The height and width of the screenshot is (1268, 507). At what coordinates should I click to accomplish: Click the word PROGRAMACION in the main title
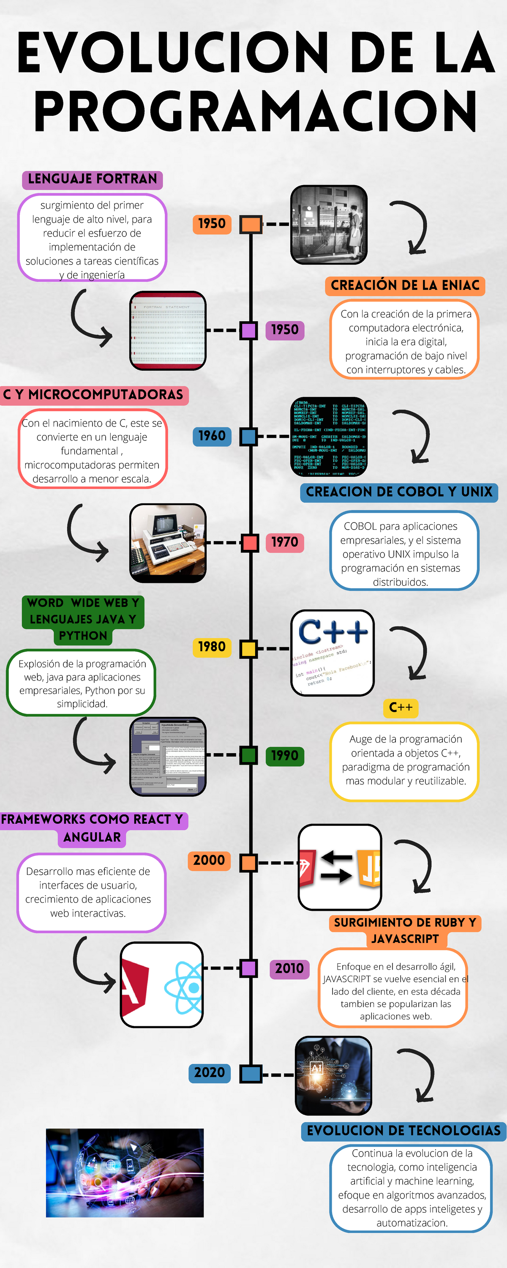255,111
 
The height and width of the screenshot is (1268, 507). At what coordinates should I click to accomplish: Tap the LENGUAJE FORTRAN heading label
93,179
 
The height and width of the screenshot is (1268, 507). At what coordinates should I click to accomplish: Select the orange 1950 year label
212,224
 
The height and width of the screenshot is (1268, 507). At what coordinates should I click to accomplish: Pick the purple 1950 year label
284,330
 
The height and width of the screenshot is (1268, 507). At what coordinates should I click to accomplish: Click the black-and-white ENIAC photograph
329,224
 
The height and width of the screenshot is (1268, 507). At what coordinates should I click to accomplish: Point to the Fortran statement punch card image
168,330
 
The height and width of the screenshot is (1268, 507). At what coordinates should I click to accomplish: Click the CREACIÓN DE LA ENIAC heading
405,285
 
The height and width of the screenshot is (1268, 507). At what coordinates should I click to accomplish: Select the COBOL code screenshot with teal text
329,436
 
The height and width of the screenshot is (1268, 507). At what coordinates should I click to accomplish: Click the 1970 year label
284,542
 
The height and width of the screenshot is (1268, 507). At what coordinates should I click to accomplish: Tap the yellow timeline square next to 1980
248,649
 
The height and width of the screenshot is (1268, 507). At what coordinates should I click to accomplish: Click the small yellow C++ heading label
400,708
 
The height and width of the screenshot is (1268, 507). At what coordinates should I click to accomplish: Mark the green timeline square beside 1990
248,755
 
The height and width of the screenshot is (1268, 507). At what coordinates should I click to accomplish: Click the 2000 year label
209,861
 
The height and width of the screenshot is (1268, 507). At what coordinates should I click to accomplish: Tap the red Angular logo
134,986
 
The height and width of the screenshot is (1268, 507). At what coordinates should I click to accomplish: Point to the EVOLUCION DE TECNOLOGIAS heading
403,1131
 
